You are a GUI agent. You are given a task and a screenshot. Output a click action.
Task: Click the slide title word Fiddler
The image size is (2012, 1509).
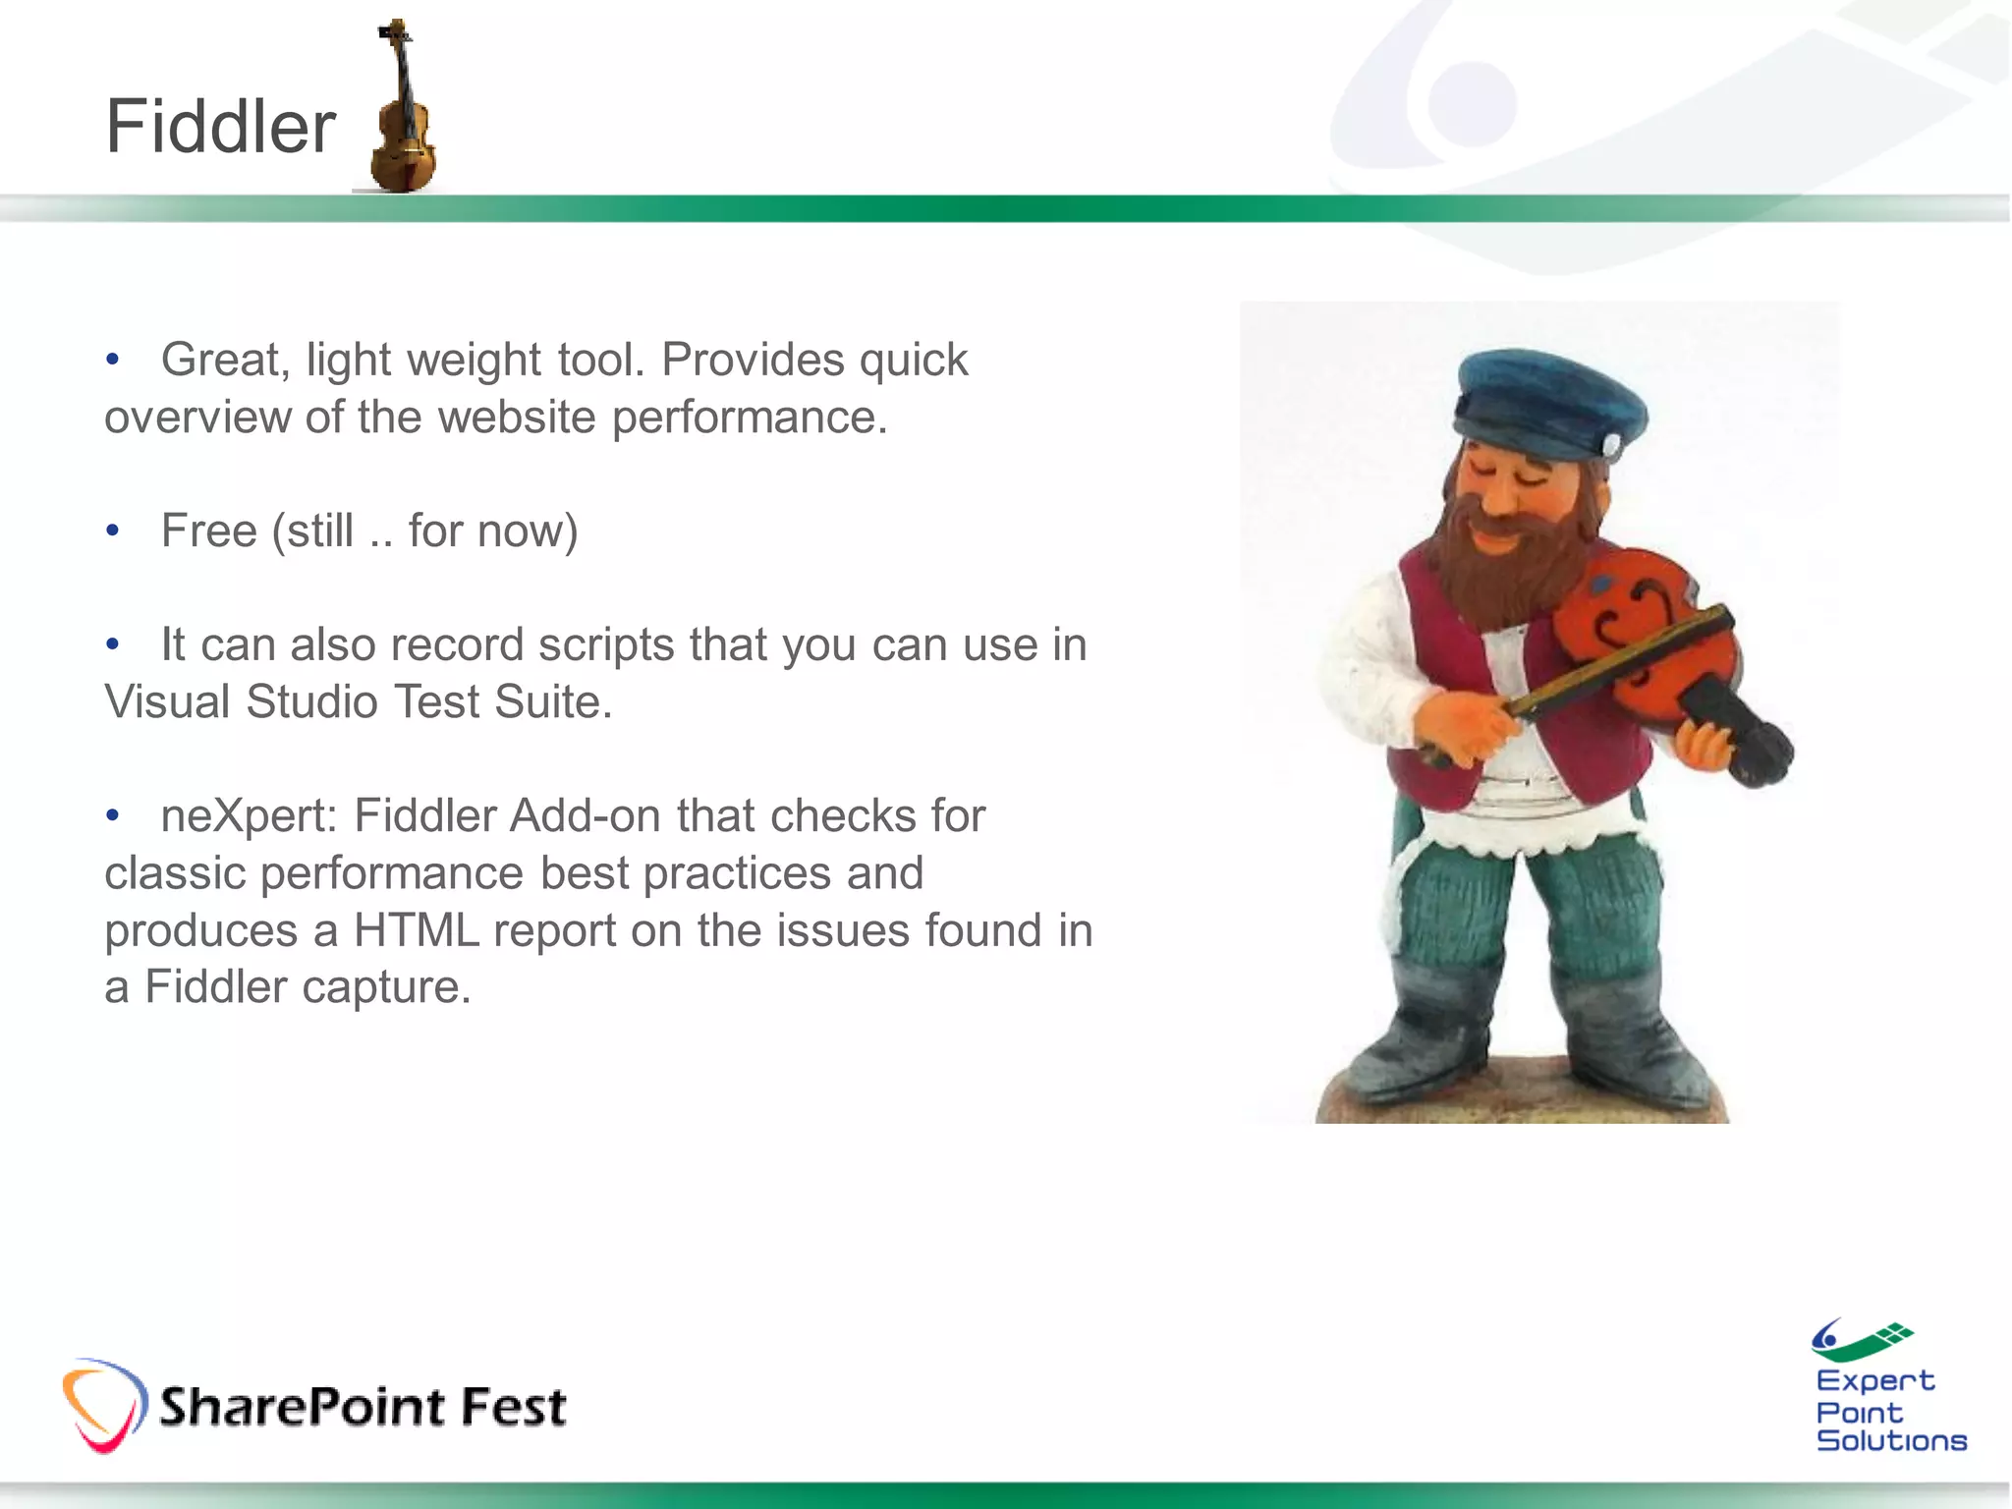[220, 128]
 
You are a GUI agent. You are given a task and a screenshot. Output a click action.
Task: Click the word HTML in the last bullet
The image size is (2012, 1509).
[417, 930]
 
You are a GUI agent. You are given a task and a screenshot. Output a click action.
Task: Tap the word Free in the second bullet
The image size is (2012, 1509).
[208, 531]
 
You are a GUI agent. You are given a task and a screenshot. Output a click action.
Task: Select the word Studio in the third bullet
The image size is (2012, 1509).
[311, 702]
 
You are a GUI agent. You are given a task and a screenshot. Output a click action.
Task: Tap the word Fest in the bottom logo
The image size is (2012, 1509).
[514, 1407]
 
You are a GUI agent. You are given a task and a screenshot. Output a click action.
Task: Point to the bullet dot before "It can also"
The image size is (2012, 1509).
[113, 645]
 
